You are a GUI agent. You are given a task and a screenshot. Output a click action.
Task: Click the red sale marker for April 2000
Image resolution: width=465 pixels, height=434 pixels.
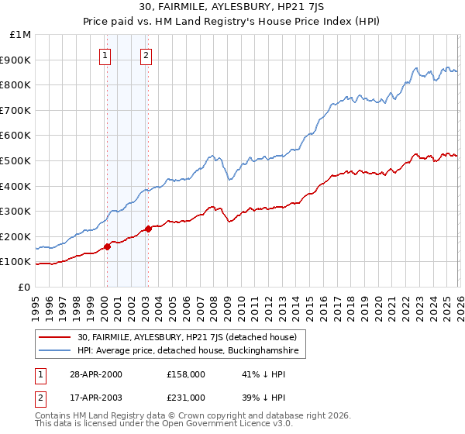click(x=108, y=247)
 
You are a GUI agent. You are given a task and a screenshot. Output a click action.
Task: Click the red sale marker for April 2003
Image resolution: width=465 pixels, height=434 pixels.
click(x=148, y=229)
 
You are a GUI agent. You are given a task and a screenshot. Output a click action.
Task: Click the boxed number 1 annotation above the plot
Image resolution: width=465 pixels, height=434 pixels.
click(x=105, y=55)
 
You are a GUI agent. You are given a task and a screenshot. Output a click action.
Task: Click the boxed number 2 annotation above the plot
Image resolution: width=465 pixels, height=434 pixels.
click(x=146, y=55)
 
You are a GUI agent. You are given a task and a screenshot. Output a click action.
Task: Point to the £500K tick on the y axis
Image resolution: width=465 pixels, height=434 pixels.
click(x=17, y=161)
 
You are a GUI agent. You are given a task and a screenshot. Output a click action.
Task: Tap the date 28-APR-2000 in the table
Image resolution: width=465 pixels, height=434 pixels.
click(x=95, y=374)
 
